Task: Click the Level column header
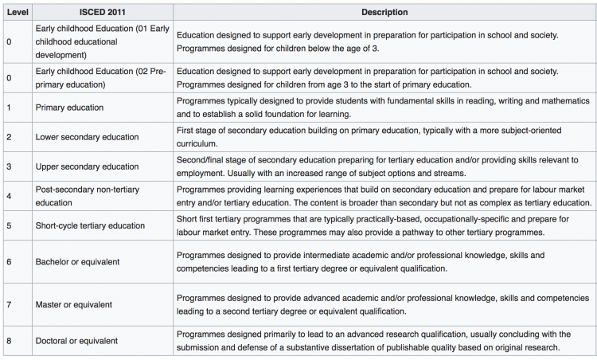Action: (15, 13)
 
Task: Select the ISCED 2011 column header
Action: (101, 13)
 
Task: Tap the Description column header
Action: (384, 13)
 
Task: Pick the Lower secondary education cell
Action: (87, 137)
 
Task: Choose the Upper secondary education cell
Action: (87, 166)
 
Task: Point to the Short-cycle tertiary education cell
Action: (90, 225)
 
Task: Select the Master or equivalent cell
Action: (74, 304)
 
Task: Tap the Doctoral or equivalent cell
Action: (77, 341)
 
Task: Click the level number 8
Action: (9, 341)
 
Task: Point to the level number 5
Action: (9, 225)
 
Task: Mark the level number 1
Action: (9, 107)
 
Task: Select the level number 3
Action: (9, 166)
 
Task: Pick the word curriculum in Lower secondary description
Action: (196, 144)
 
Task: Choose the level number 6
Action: (9, 261)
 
